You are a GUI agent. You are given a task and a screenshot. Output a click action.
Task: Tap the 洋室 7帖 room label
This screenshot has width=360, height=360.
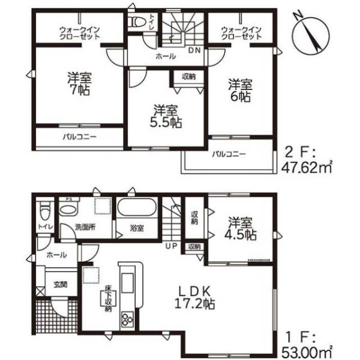pos(79,84)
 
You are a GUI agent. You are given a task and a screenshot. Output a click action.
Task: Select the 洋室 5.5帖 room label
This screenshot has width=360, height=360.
pos(166,116)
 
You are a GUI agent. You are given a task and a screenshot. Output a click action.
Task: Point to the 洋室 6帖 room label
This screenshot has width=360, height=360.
pos(241,91)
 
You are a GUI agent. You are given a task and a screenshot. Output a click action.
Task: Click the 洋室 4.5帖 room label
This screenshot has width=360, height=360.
pos(241,229)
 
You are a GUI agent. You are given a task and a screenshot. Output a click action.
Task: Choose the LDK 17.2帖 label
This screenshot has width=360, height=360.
pos(194,298)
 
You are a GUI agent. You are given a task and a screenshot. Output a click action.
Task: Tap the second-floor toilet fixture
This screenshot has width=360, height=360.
pos(137,22)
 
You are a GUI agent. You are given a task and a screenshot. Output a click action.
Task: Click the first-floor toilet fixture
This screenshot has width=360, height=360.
pos(44,211)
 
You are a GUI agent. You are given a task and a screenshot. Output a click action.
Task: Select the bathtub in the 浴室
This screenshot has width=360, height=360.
pos(137,207)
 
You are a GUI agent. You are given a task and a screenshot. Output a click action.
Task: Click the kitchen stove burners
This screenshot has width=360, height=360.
pos(127,319)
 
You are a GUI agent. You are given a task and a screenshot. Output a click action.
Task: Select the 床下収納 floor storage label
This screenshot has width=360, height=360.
pos(108,298)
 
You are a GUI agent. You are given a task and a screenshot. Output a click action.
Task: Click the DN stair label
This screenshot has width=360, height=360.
pos(194,50)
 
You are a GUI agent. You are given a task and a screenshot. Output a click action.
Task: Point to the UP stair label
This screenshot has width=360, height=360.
pos(172,246)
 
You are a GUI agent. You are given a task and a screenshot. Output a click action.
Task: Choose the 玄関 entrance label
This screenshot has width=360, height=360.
pos(61,285)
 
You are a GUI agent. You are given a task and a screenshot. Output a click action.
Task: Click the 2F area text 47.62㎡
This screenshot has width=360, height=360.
pos(307,168)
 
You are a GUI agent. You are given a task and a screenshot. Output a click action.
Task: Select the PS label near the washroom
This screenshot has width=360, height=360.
pos(68,199)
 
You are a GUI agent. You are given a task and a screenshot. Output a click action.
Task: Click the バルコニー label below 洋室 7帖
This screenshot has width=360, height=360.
pos(80,137)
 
